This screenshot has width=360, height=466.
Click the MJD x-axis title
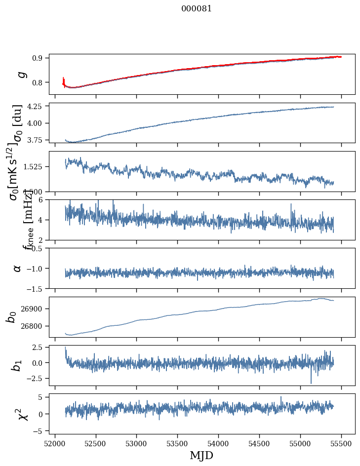pyautogui.click(x=201, y=456)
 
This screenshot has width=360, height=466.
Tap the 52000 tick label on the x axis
pyautogui.click(x=55, y=443)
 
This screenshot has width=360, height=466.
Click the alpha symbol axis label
pyautogui.click(x=18, y=268)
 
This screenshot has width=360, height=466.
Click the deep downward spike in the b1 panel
pyautogui.click(x=311, y=383)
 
